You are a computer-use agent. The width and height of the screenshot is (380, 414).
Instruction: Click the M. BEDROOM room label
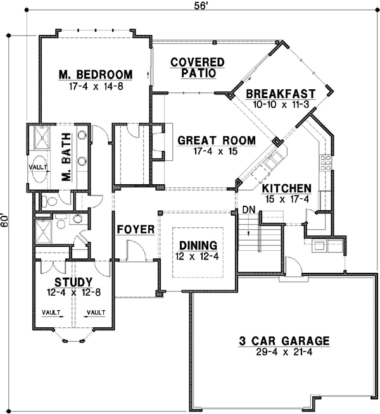tap(96, 75)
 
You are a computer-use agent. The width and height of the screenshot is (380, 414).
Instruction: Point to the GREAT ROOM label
tap(217, 141)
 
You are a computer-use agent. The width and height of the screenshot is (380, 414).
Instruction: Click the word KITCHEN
tap(287, 189)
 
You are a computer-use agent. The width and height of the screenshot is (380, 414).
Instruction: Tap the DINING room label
tap(198, 245)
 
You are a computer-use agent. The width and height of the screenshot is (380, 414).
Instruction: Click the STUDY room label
tap(73, 282)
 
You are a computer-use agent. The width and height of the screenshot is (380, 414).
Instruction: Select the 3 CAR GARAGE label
tap(284, 341)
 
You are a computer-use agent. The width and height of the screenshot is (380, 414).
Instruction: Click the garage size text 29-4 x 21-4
tap(284, 353)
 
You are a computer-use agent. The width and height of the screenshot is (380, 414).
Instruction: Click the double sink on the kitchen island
tap(273, 163)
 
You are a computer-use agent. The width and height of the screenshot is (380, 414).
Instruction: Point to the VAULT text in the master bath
tap(37, 167)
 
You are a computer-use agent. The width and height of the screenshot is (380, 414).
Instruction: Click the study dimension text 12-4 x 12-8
tap(73, 292)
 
